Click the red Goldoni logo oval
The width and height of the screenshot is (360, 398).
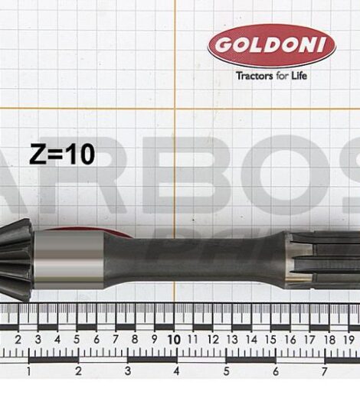point(271,46)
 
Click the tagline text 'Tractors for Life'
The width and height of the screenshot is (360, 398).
point(271,76)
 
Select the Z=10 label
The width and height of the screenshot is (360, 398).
point(62,155)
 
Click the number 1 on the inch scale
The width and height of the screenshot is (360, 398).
point(28,371)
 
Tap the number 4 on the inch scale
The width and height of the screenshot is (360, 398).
point(176,371)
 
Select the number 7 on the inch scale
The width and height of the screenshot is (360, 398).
point(324,371)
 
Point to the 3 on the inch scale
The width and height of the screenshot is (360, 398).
point(127,371)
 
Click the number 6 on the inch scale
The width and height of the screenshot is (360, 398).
point(275,371)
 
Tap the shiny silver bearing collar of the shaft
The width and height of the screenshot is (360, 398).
point(69,259)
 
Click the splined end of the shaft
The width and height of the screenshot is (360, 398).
point(322,256)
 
